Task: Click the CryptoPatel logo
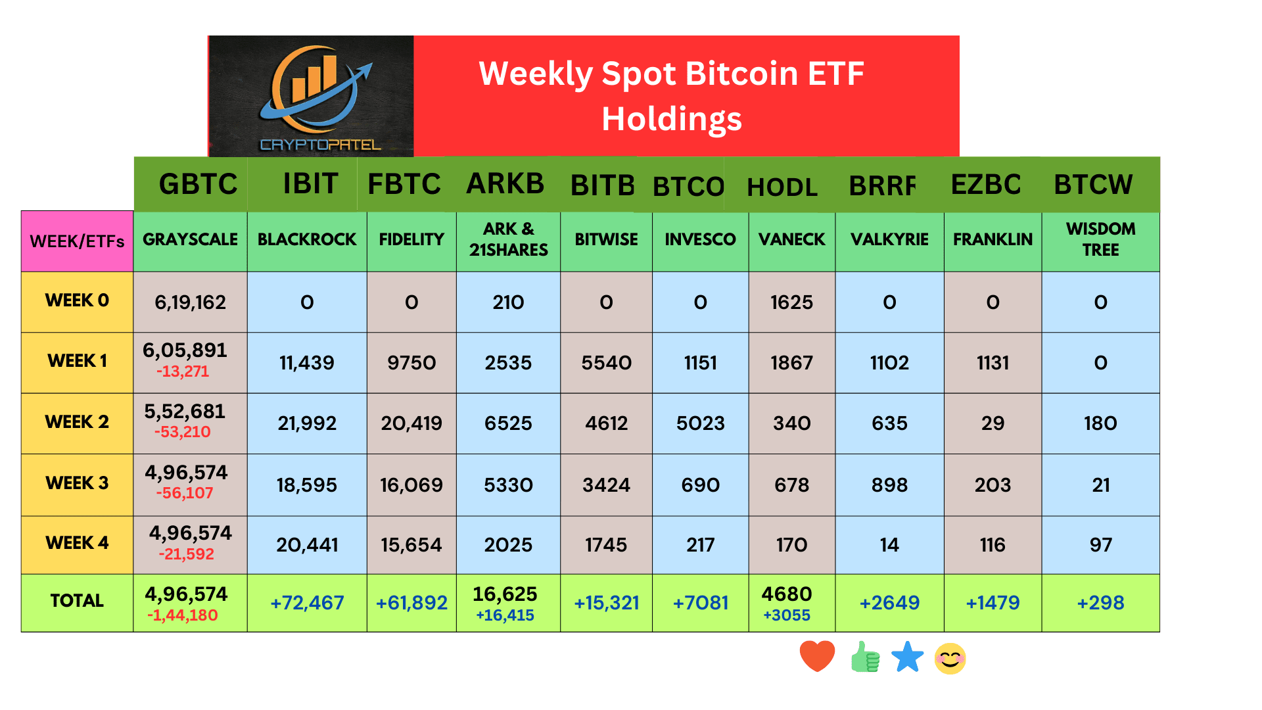pos(311,96)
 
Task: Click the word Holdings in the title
pos(671,119)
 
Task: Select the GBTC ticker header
pos(198,184)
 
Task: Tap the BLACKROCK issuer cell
pos(307,239)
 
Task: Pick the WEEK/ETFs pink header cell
pos(77,241)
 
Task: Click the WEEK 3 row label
pos(77,483)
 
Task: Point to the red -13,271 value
pos(183,371)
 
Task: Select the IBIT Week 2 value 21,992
pos(307,423)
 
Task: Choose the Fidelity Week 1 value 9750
pos(411,363)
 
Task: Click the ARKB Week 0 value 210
pos(508,302)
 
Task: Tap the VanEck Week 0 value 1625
pos(791,302)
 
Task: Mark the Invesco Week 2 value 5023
pos(700,423)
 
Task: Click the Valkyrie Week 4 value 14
pos(889,545)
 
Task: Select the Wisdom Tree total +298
pos(1100,603)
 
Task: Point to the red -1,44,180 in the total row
pos(183,615)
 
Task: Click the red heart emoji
pos(817,656)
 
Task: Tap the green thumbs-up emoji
pos(865,657)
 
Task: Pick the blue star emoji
pos(908,657)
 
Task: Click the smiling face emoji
pos(950,658)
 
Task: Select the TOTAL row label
pos(77,601)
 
